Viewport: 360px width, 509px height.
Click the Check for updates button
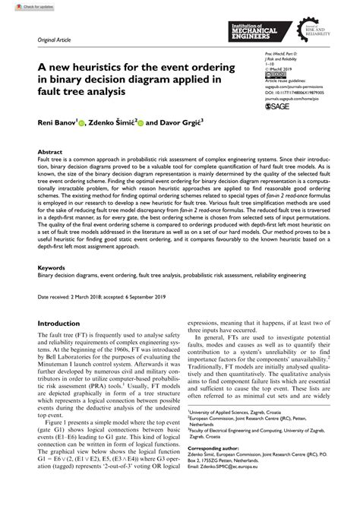23,5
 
